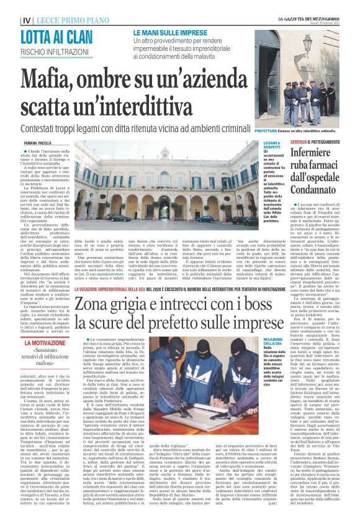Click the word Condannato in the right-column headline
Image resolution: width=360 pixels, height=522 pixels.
[x=318, y=185]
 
